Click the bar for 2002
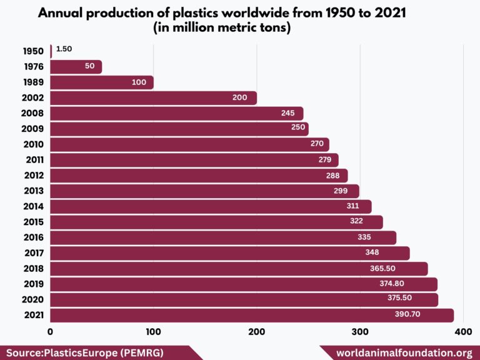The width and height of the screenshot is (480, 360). pyautogui.click(x=153, y=98)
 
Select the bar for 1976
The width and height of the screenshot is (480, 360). pyautogui.click(x=76, y=67)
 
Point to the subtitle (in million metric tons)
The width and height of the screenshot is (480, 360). pyautogui.click(x=240, y=29)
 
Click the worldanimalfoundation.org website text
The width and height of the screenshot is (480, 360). pyautogui.click(x=404, y=353)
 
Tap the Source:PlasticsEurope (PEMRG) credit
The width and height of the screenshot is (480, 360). pyautogui.click(x=85, y=353)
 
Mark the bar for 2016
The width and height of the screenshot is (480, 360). pyautogui.click(x=223, y=237)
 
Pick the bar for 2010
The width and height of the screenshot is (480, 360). pyautogui.click(x=189, y=144)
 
